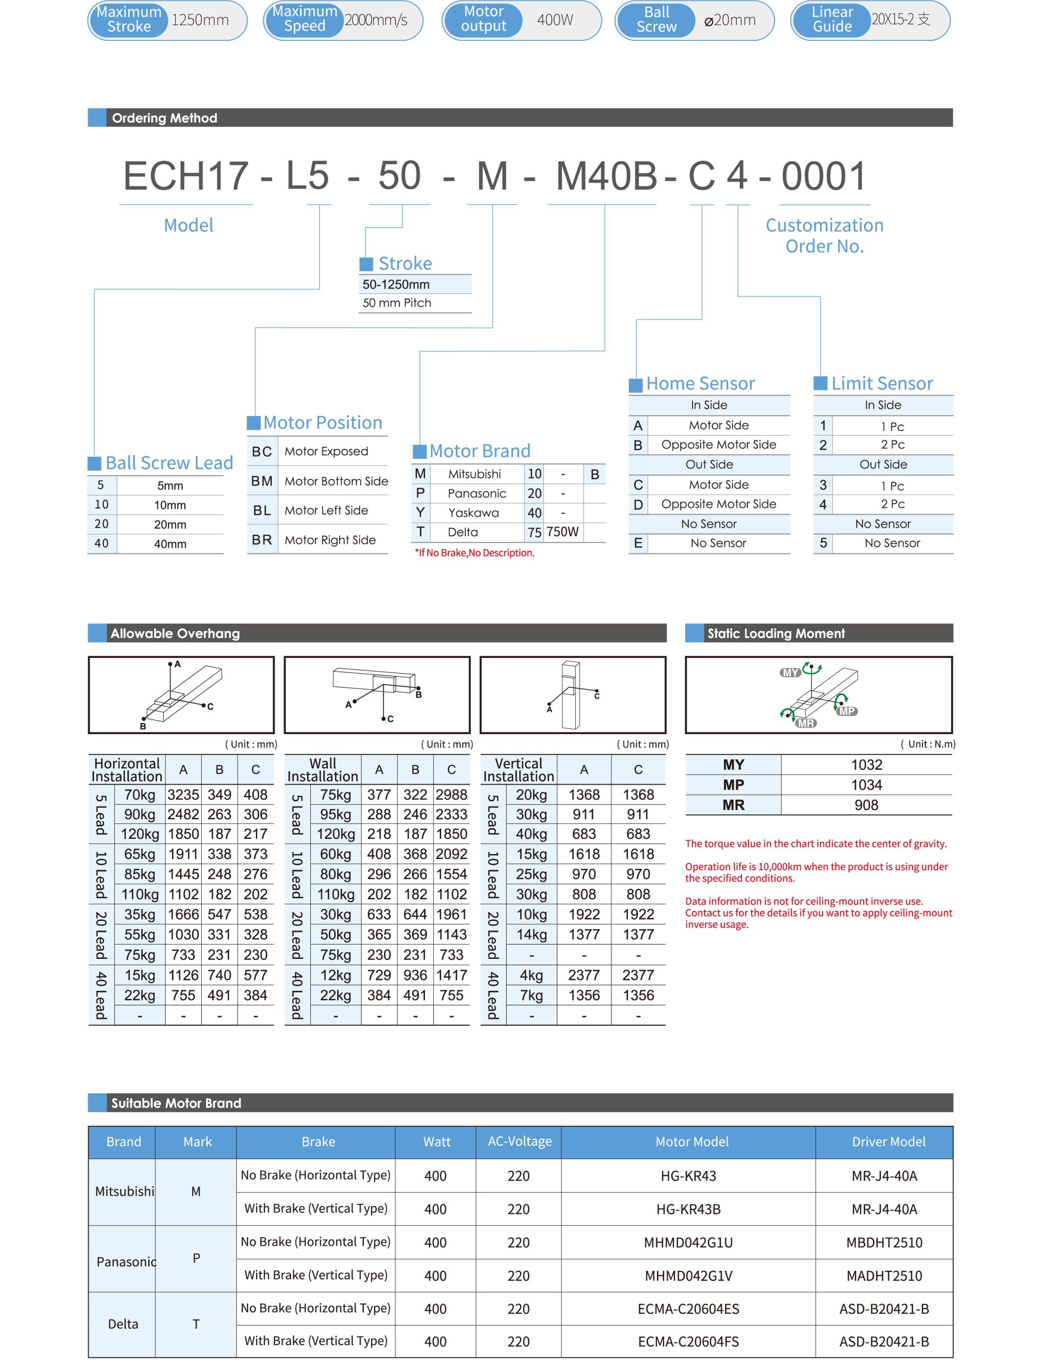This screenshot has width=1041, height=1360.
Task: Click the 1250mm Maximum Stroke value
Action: (x=200, y=21)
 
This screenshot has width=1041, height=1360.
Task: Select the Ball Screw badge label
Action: (x=656, y=20)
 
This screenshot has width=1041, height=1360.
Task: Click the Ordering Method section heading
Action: (x=164, y=118)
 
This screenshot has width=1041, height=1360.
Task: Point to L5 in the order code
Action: (x=308, y=176)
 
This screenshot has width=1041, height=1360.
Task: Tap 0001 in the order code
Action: (x=823, y=176)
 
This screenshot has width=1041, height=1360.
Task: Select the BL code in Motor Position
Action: (x=262, y=510)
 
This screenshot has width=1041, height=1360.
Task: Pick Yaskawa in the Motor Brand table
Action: (x=473, y=513)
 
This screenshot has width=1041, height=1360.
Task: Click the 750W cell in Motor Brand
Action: (x=562, y=532)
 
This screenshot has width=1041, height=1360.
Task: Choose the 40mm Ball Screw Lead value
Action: (x=170, y=543)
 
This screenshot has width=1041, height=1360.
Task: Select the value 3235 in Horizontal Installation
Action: (x=183, y=795)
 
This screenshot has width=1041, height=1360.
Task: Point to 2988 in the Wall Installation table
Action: (x=451, y=795)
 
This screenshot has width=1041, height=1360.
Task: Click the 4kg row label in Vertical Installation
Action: (x=531, y=975)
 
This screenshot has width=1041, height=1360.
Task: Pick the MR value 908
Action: (x=866, y=805)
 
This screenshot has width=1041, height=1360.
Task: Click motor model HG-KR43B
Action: (x=688, y=1209)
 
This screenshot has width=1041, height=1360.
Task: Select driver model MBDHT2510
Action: (x=884, y=1242)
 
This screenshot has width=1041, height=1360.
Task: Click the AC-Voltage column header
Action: (x=519, y=1142)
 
